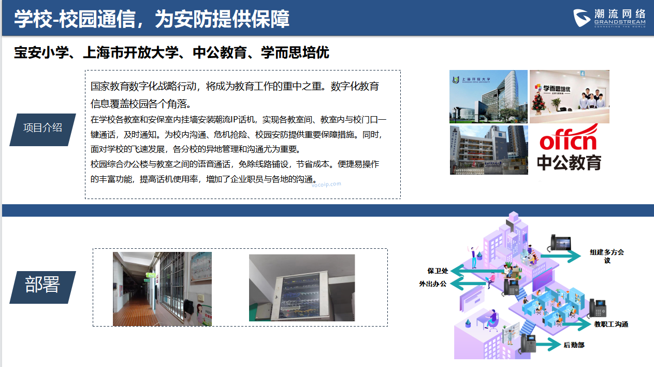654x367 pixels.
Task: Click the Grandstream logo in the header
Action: tap(609, 18)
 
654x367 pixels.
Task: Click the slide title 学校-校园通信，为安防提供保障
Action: tap(152, 19)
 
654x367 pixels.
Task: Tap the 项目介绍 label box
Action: tap(42, 130)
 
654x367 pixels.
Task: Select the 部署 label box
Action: tap(42, 287)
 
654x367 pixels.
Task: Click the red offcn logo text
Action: tap(569, 138)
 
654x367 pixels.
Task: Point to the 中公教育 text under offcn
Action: tap(569, 162)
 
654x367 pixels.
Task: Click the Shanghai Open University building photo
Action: tap(488, 96)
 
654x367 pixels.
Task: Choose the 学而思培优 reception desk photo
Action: tap(570, 96)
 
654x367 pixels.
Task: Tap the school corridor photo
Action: tap(162, 289)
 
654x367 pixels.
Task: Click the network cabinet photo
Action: tap(302, 288)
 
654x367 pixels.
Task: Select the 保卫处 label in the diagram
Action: tap(438, 271)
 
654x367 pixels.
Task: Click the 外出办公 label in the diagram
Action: tap(433, 284)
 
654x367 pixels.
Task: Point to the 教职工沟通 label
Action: tap(611, 324)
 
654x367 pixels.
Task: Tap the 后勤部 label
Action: tap(574, 345)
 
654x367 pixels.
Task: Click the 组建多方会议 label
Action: tap(607, 256)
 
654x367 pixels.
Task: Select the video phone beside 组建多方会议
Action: tap(559, 243)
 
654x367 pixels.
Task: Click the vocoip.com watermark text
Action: tap(326, 185)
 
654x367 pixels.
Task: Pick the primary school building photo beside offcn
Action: tap(489, 150)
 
